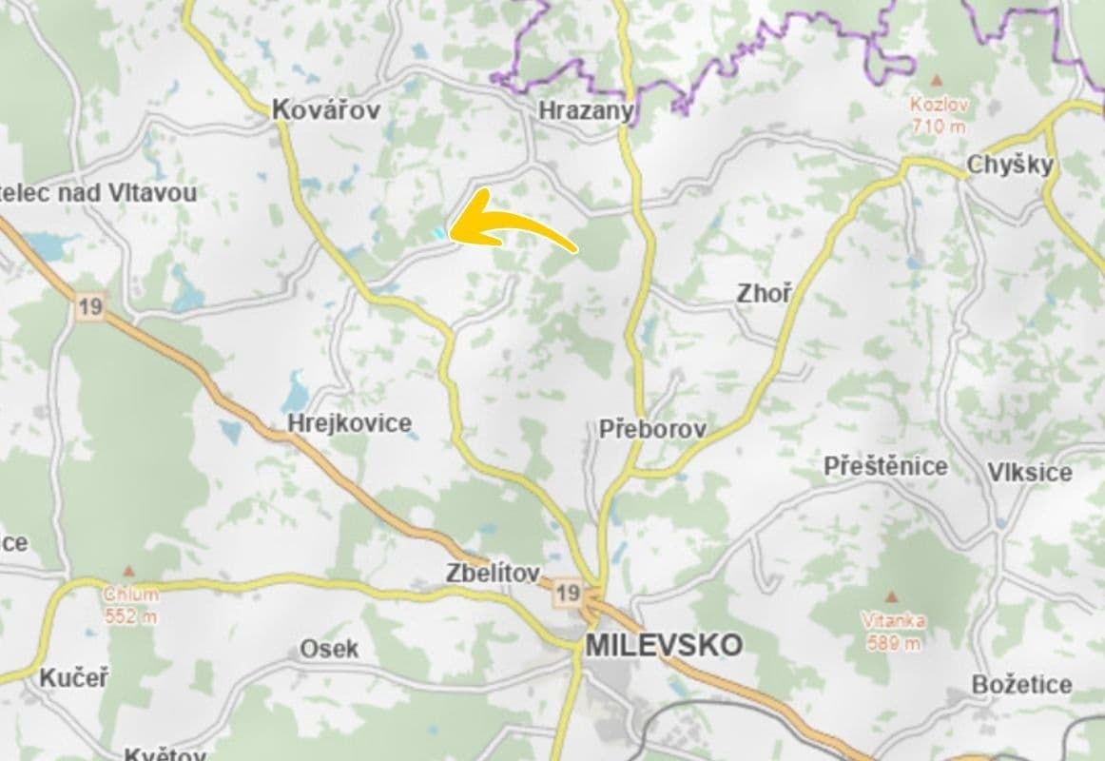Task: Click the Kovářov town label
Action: (325, 109)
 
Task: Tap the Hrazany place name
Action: (585, 111)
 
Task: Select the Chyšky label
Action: (1010, 165)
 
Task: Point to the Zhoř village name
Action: (764, 294)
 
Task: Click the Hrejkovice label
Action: (350, 423)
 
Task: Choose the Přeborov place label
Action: (652, 429)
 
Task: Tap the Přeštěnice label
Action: (885, 466)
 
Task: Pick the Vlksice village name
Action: (1029, 473)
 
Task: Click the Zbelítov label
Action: (493, 574)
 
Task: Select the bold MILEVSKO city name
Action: (664, 645)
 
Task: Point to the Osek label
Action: (329, 649)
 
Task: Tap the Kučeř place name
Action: (74, 678)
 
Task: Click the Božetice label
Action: (1021, 684)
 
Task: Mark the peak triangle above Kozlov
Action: (937, 83)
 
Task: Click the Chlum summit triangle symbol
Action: (130, 572)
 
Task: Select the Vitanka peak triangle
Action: (892, 597)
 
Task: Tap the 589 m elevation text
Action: (894, 643)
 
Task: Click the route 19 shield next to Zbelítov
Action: (568, 594)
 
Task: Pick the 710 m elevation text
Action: (938, 126)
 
